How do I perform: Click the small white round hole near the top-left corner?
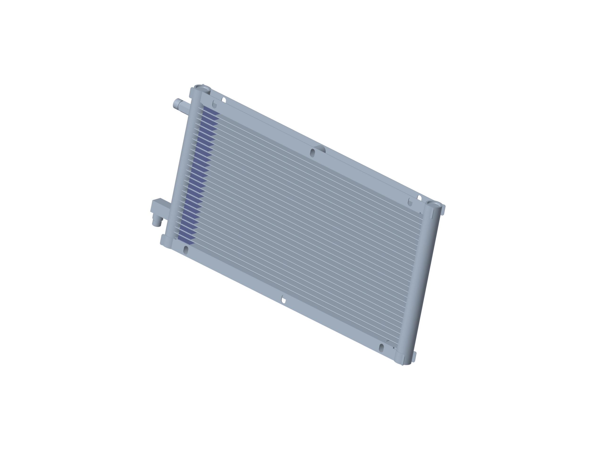pos(224,100)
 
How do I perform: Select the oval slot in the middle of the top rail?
pos(312,153)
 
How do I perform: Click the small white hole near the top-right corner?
pos(420,198)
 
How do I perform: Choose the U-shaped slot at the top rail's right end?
pos(410,202)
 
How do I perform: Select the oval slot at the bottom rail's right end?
pos(381,348)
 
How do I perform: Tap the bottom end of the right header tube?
pos(406,363)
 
